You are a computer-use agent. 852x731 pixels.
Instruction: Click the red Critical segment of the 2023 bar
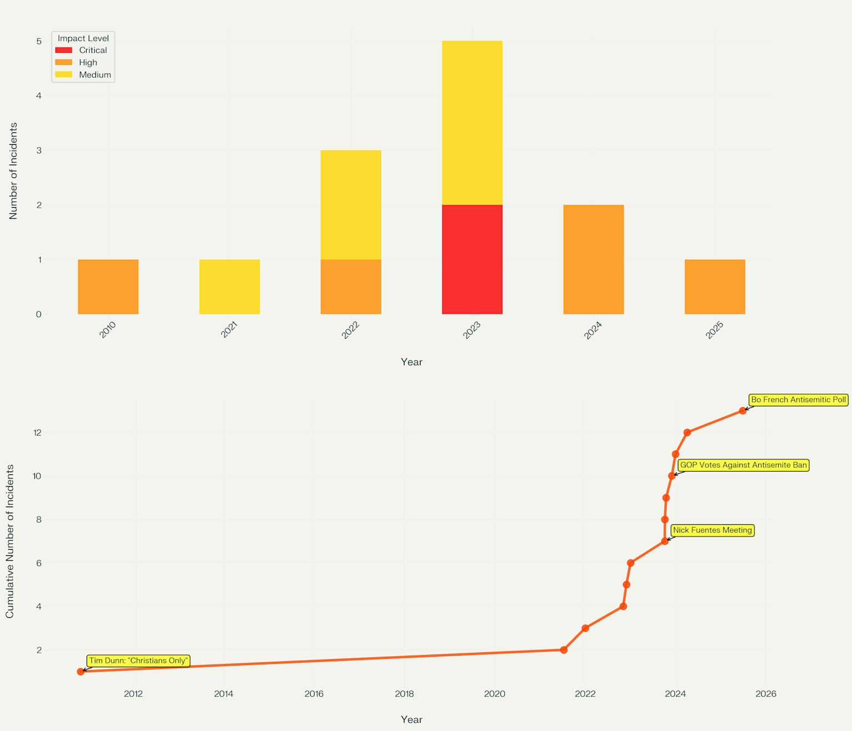click(472, 259)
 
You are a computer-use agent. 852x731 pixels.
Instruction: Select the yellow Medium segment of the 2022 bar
click(351, 205)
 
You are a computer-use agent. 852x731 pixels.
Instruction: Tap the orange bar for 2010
click(108, 287)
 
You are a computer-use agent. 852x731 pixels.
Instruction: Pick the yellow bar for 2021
click(229, 287)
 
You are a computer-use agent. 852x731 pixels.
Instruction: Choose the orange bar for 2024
click(594, 259)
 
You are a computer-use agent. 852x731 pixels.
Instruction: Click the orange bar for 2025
click(714, 287)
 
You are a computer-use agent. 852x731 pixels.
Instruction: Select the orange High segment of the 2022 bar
click(351, 287)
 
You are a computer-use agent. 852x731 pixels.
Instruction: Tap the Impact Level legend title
click(83, 38)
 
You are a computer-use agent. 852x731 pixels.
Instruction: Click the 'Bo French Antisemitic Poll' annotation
click(798, 400)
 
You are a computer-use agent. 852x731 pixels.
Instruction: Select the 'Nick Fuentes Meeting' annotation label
click(712, 530)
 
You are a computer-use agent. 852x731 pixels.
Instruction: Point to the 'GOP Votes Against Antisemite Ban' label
click(743, 465)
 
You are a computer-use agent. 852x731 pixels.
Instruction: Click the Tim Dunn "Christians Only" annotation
click(139, 661)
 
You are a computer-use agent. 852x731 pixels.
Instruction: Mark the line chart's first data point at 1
click(81, 672)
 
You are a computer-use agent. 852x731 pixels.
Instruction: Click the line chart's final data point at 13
click(743, 411)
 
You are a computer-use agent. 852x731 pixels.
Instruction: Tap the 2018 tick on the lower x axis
click(404, 694)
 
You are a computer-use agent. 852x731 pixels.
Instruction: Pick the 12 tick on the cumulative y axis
click(37, 432)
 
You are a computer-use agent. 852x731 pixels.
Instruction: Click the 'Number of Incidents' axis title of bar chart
click(14, 171)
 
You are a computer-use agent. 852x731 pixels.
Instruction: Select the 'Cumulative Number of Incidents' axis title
click(10, 541)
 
